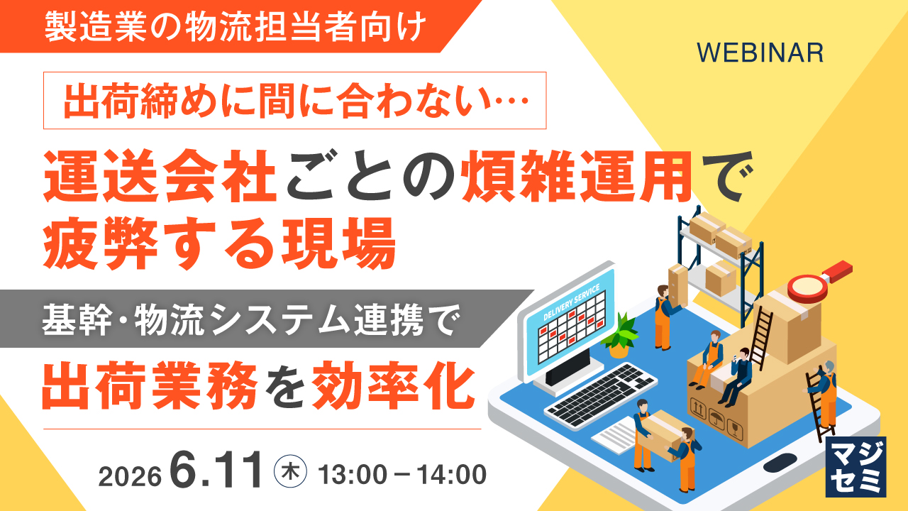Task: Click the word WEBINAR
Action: pyautogui.click(x=760, y=53)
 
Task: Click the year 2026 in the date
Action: pyautogui.click(x=130, y=476)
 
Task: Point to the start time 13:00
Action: pyautogui.click(x=353, y=475)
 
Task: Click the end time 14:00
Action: pyautogui.click(x=452, y=475)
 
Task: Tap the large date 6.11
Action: pyautogui.click(x=216, y=470)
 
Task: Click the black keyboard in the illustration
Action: pyautogui.click(x=600, y=395)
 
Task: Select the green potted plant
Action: pyautogui.click(x=620, y=335)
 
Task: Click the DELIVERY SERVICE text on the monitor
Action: pyautogui.click(x=572, y=302)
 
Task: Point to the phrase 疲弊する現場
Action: pyautogui.click(x=219, y=243)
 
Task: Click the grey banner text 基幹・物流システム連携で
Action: pyautogui.click(x=251, y=319)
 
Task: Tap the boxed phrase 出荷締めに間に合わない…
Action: pyautogui.click(x=295, y=100)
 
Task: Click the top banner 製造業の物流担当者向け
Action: pyautogui.click(x=235, y=26)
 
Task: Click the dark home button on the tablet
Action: pyautogui.click(x=780, y=463)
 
